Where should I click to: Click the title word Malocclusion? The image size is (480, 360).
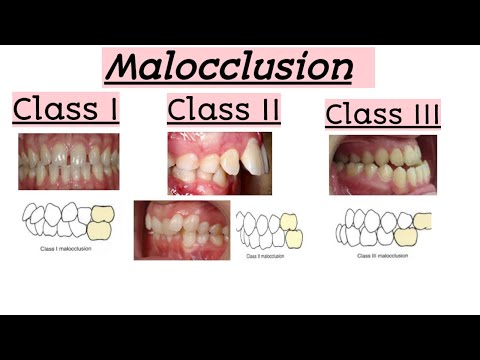[229, 67]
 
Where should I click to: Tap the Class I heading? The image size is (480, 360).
[65, 107]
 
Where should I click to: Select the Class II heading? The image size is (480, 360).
[223, 108]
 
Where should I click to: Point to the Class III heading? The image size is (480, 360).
[382, 113]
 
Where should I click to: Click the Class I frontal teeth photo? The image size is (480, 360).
[68, 161]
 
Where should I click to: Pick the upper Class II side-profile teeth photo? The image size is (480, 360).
[219, 161]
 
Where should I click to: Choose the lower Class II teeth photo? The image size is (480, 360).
[181, 229]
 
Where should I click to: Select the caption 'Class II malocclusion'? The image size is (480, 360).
[264, 256]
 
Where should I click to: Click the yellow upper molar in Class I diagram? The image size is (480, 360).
[103, 214]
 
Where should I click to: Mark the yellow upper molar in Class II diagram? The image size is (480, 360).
[288, 220]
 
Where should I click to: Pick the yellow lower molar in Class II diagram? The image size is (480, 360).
[294, 238]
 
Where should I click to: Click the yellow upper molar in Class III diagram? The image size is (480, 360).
[423, 220]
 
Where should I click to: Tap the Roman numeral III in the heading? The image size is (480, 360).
[424, 113]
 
